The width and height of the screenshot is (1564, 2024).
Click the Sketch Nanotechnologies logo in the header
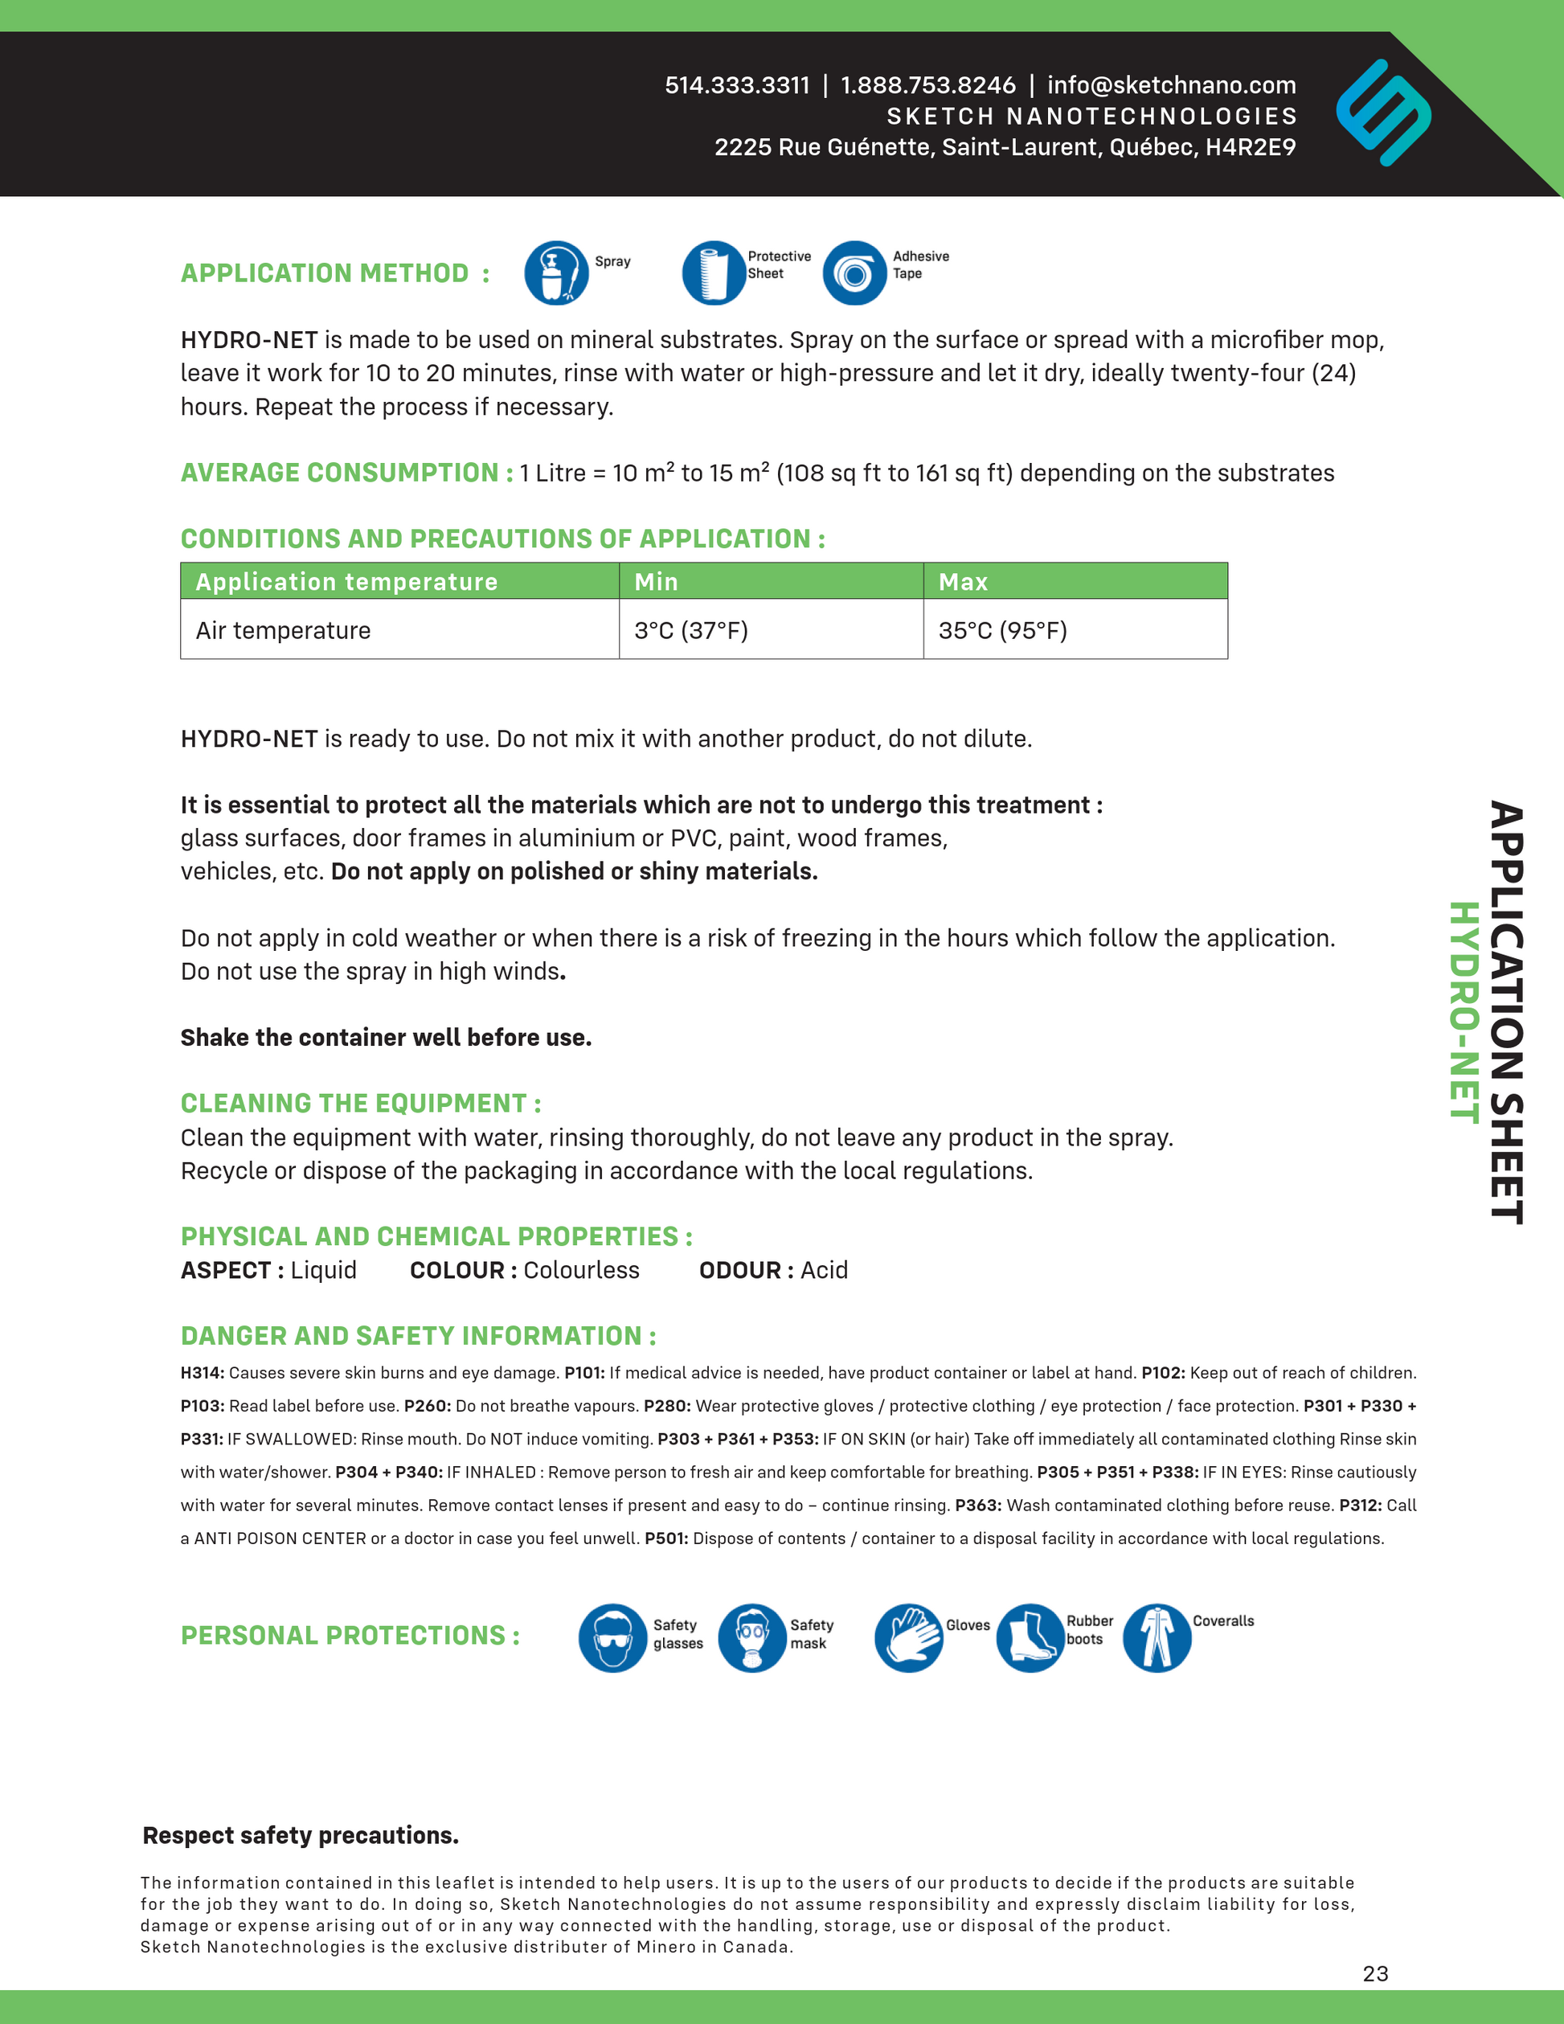(1382, 113)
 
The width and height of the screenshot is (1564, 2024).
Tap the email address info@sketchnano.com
(1171, 85)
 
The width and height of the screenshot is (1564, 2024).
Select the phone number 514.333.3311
(737, 85)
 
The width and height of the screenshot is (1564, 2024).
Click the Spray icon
(556, 272)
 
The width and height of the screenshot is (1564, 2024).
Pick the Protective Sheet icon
(714, 272)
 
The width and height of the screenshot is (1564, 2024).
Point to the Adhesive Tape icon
(854, 272)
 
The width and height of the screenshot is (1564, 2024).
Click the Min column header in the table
(656, 582)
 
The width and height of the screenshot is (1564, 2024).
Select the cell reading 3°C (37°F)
(691, 630)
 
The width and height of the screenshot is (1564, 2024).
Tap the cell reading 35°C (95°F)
(1002, 630)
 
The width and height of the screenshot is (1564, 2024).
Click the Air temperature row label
(283, 630)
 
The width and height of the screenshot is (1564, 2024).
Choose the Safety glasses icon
(612, 1637)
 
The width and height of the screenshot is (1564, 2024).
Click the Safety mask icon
(751, 1637)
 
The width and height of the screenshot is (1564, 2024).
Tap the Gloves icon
(908, 1637)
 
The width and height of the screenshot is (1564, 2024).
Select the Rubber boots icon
(1030, 1637)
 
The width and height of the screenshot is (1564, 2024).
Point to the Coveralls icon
(1157, 1637)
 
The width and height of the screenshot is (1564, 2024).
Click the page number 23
(1375, 1973)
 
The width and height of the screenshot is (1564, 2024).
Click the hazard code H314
(202, 1372)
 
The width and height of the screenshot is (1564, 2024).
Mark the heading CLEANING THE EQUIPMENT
(360, 1103)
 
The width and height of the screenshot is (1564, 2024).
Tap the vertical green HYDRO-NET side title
(1463, 1012)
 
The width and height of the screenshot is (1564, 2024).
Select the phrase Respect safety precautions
(301, 1835)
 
